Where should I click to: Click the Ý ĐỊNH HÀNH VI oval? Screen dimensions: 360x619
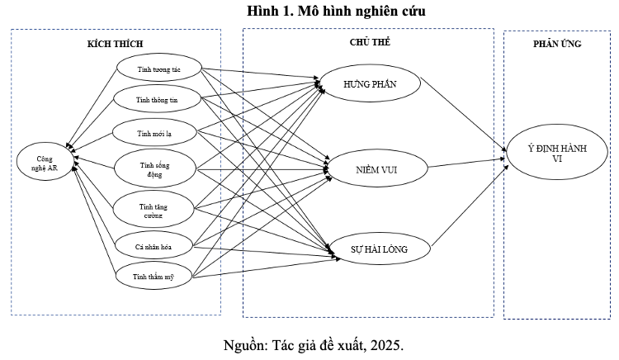(x=557, y=155)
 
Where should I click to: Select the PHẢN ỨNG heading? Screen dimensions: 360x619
(x=557, y=44)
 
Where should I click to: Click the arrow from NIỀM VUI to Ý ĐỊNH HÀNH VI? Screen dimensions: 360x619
(x=466, y=163)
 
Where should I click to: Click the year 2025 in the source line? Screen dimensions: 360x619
(x=386, y=344)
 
